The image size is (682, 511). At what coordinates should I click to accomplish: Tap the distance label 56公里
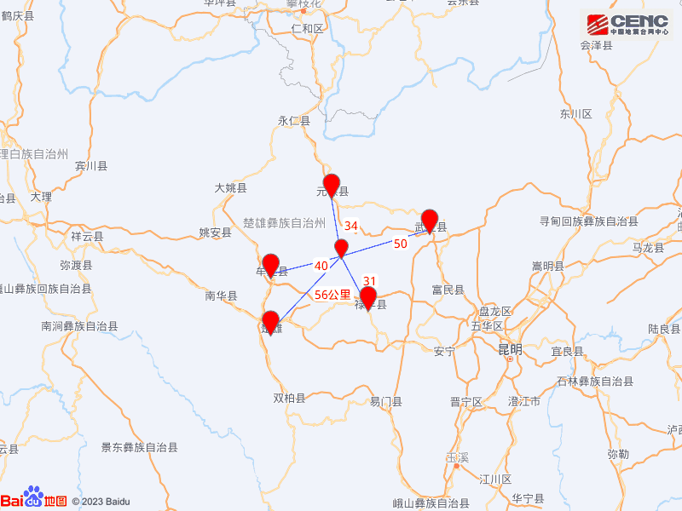point(332,295)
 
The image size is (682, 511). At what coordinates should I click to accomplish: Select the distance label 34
point(350,227)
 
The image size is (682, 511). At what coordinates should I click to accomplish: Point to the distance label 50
point(400,244)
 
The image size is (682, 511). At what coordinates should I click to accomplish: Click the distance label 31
point(369,281)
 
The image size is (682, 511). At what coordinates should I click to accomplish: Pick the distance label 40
point(321,267)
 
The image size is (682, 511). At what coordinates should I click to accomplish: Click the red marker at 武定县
point(430,220)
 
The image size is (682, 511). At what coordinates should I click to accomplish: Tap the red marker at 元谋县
point(332,184)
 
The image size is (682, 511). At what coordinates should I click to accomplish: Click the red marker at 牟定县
point(271,265)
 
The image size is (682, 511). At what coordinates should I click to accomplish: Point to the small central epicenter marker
point(341,248)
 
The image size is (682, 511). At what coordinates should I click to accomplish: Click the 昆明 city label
point(510,350)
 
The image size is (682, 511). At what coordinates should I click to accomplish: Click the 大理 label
point(41,197)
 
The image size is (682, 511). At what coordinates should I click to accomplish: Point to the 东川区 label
point(576,113)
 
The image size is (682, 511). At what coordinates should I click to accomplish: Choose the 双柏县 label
point(289,398)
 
